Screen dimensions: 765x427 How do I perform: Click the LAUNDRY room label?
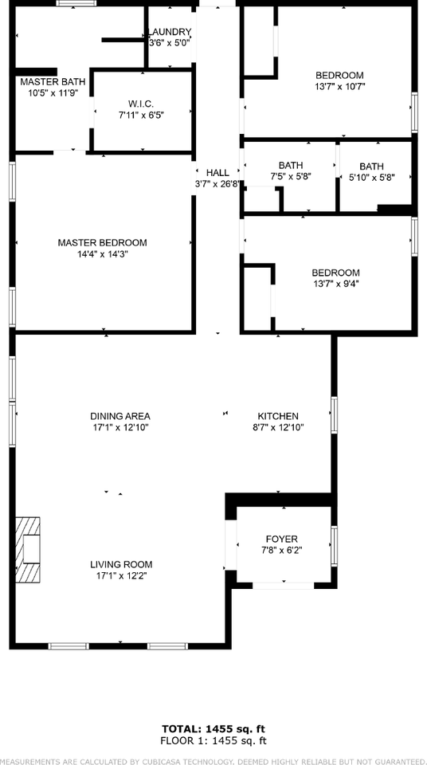[x=170, y=33]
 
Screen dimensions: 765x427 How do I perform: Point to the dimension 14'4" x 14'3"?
[x=102, y=254]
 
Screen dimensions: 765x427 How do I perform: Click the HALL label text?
[x=217, y=172]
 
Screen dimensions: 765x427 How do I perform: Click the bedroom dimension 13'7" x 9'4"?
[x=335, y=283]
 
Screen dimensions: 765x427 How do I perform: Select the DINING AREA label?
[x=120, y=416]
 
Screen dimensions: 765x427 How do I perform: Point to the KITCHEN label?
[x=278, y=416]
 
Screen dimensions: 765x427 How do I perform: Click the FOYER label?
[x=282, y=539]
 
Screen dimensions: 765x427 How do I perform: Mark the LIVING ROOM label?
[x=120, y=564]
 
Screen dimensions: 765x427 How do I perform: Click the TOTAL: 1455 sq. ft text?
[x=213, y=728]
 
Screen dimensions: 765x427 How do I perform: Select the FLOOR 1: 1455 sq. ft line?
[x=213, y=740]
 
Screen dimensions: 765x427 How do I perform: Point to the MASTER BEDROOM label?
[x=102, y=243]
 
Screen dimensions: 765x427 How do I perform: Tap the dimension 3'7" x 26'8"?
[x=217, y=183]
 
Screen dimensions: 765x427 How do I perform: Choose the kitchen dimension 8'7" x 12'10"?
[x=278, y=427]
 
